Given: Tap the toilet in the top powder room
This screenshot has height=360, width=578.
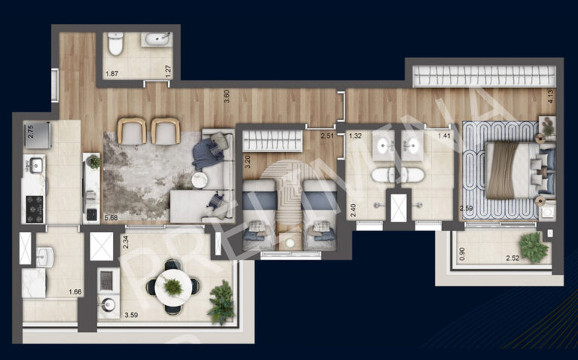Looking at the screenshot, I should (115, 46).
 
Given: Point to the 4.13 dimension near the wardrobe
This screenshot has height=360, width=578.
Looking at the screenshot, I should (550, 96).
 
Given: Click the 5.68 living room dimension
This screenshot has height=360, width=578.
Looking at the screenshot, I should (112, 218).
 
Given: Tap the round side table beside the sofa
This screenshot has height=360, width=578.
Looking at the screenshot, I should (199, 180).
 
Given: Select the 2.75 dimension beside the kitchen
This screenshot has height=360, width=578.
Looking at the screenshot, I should (30, 130).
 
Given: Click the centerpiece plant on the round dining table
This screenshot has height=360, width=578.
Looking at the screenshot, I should (173, 286).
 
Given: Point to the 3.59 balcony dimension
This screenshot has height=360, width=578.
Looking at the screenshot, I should (110, 315).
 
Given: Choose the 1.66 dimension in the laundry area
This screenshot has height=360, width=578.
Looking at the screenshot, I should (75, 292).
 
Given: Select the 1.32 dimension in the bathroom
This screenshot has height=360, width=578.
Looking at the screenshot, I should (355, 136).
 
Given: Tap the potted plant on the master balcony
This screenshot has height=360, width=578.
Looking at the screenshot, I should (533, 246).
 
